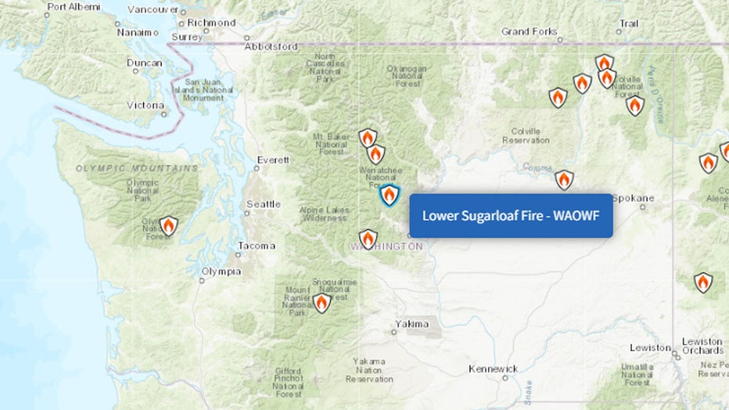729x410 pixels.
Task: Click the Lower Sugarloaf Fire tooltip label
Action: [x=511, y=215]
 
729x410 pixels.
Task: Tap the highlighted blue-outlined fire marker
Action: [x=389, y=195]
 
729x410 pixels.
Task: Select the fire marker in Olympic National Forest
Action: [x=168, y=227]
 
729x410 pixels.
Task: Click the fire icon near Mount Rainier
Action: [x=321, y=302]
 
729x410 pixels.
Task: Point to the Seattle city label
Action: [x=263, y=204]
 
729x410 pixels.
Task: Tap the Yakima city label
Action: [x=411, y=323]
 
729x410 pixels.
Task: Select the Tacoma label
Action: [x=257, y=246]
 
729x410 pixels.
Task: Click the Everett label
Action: [x=274, y=160]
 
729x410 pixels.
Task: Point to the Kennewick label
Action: [x=493, y=369]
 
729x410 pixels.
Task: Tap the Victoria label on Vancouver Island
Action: [x=145, y=105]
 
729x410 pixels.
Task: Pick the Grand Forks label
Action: [x=530, y=32]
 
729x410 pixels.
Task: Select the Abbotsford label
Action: [x=271, y=46]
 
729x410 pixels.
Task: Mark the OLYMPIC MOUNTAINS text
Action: [x=137, y=168]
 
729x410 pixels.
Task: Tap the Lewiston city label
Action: [x=651, y=347]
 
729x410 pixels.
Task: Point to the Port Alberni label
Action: [x=74, y=7]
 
